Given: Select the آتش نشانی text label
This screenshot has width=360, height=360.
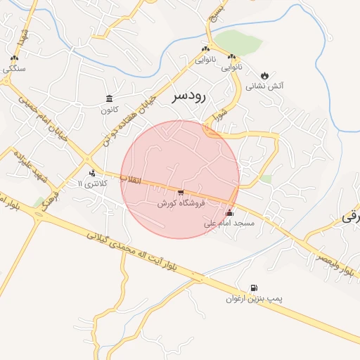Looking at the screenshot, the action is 264,86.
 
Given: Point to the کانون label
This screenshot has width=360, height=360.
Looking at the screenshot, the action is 109,109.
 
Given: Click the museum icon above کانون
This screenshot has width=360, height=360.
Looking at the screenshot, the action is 109,98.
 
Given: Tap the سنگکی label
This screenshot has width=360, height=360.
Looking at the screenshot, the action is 14,69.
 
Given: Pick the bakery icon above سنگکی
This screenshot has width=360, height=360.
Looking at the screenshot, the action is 14,58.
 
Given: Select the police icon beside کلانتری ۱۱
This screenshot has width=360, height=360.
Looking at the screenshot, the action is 92,173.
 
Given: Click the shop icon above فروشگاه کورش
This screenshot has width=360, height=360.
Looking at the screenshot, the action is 181,192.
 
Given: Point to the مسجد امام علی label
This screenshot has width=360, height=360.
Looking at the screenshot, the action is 229,223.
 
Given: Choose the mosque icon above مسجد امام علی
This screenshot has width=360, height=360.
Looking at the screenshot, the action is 229,212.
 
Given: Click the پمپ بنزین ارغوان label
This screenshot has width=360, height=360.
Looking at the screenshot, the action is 254,299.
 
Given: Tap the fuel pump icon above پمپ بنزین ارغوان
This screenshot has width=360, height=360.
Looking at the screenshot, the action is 254,288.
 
